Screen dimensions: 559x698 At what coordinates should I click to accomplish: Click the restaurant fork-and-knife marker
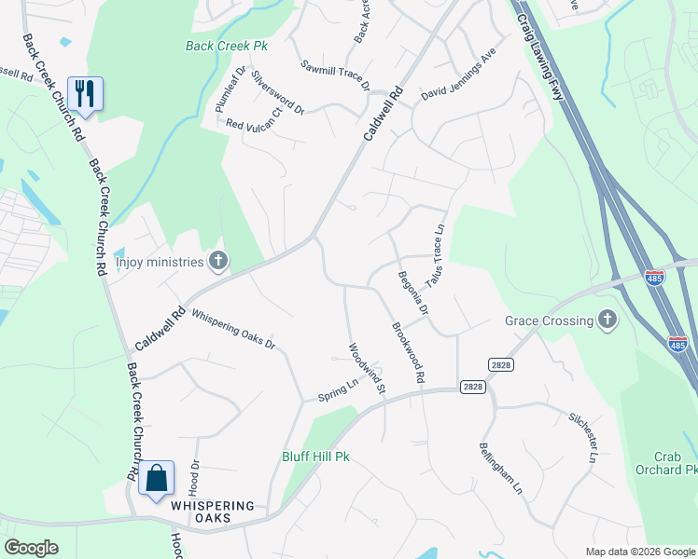point(85,93)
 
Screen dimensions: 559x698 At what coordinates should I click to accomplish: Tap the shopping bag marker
point(157,477)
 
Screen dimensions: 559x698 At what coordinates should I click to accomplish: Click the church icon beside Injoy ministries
point(218,261)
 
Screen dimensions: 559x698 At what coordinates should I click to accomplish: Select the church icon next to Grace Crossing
point(607,320)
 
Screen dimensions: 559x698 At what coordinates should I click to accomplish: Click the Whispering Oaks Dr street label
point(234,330)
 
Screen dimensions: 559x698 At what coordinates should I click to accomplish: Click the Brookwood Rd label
point(409,352)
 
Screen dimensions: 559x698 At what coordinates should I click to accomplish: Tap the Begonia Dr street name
point(413,289)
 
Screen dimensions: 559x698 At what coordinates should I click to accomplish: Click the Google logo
point(32,548)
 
